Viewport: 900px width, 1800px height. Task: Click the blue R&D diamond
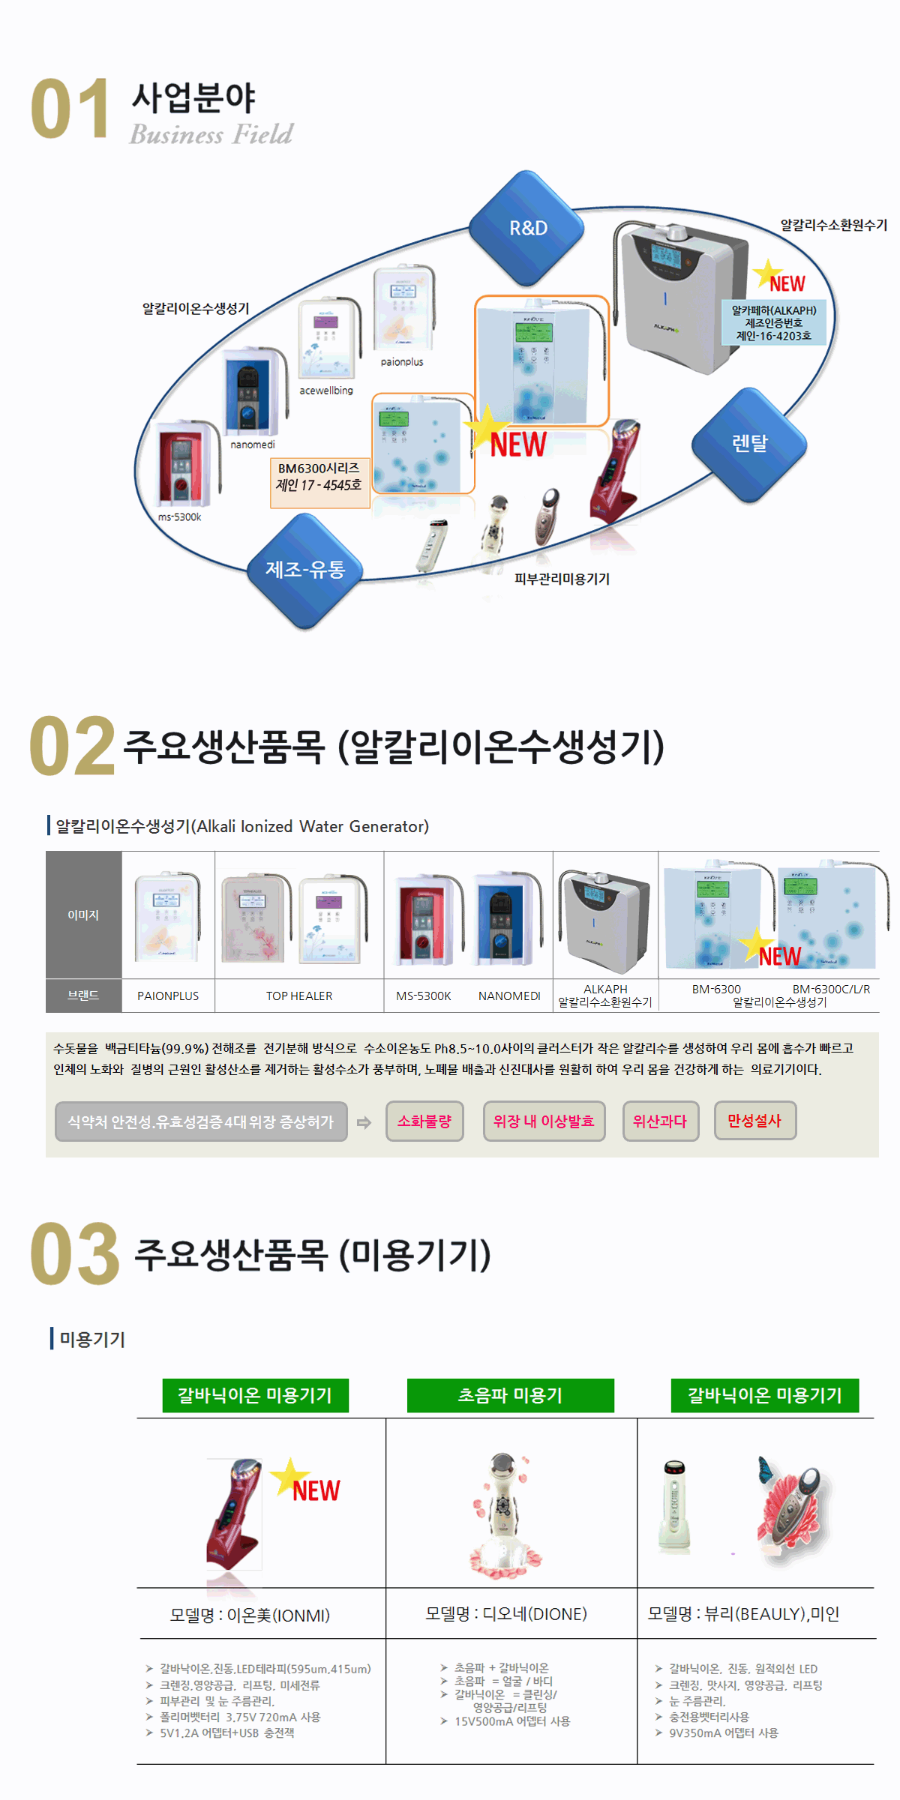[x=527, y=228]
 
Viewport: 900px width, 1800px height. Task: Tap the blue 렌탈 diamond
[x=748, y=444]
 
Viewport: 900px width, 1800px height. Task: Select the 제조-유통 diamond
[x=305, y=570]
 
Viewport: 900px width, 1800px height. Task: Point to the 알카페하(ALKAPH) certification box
[x=773, y=323]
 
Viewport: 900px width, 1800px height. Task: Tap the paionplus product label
[x=402, y=362]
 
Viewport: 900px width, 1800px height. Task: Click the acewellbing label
[x=326, y=391]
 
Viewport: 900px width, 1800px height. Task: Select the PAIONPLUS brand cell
[x=168, y=996]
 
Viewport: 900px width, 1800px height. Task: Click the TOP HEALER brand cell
[x=299, y=996]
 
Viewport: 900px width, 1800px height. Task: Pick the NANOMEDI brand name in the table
[x=509, y=996]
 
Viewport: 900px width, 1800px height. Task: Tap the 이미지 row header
[x=83, y=915]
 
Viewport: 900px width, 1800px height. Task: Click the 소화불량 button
[x=424, y=1122]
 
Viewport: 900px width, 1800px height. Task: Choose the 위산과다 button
[x=660, y=1122]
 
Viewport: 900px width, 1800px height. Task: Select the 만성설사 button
[x=754, y=1121]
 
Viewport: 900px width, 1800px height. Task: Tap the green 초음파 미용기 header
[x=510, y=1396]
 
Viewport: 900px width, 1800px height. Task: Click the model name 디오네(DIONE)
[x=506, y=1614]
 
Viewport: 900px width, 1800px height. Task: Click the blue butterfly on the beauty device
[x=766, y=1470]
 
